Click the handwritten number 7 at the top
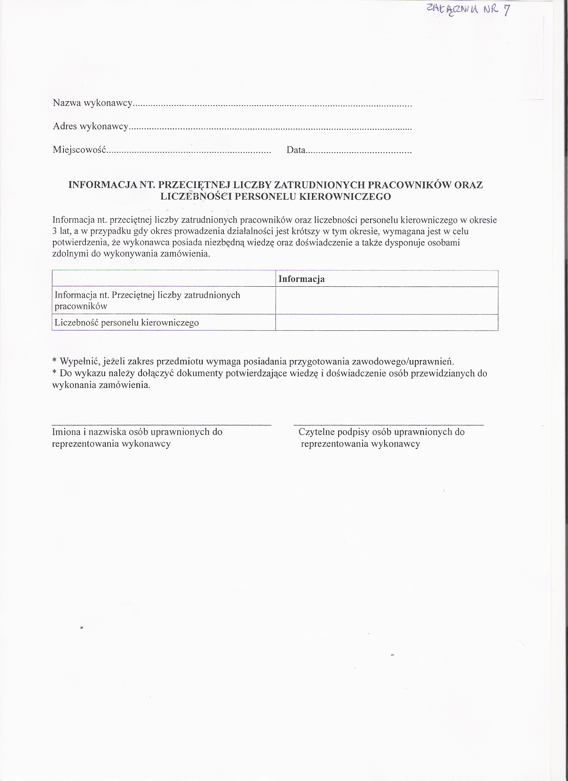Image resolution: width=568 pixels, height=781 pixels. (506, 11)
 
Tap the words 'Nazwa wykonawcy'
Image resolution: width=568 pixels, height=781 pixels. (93, 103)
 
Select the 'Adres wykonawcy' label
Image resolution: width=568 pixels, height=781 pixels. (91, 126)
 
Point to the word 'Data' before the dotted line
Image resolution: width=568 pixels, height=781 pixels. (296, 150)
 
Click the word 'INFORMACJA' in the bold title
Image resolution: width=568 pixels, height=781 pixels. (103, 185)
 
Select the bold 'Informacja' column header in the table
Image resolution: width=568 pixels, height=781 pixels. (301, 279)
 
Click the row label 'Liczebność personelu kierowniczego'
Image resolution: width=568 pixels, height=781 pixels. (127, 323)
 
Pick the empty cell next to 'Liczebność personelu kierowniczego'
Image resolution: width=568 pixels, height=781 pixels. (387, 323)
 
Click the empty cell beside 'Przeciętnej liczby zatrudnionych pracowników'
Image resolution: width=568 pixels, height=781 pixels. (387, 300)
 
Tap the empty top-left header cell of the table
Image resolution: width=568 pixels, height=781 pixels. (164, 279)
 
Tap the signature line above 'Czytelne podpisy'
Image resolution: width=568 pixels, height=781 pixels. (389, 425)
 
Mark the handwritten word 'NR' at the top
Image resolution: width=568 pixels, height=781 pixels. (490, 9)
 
